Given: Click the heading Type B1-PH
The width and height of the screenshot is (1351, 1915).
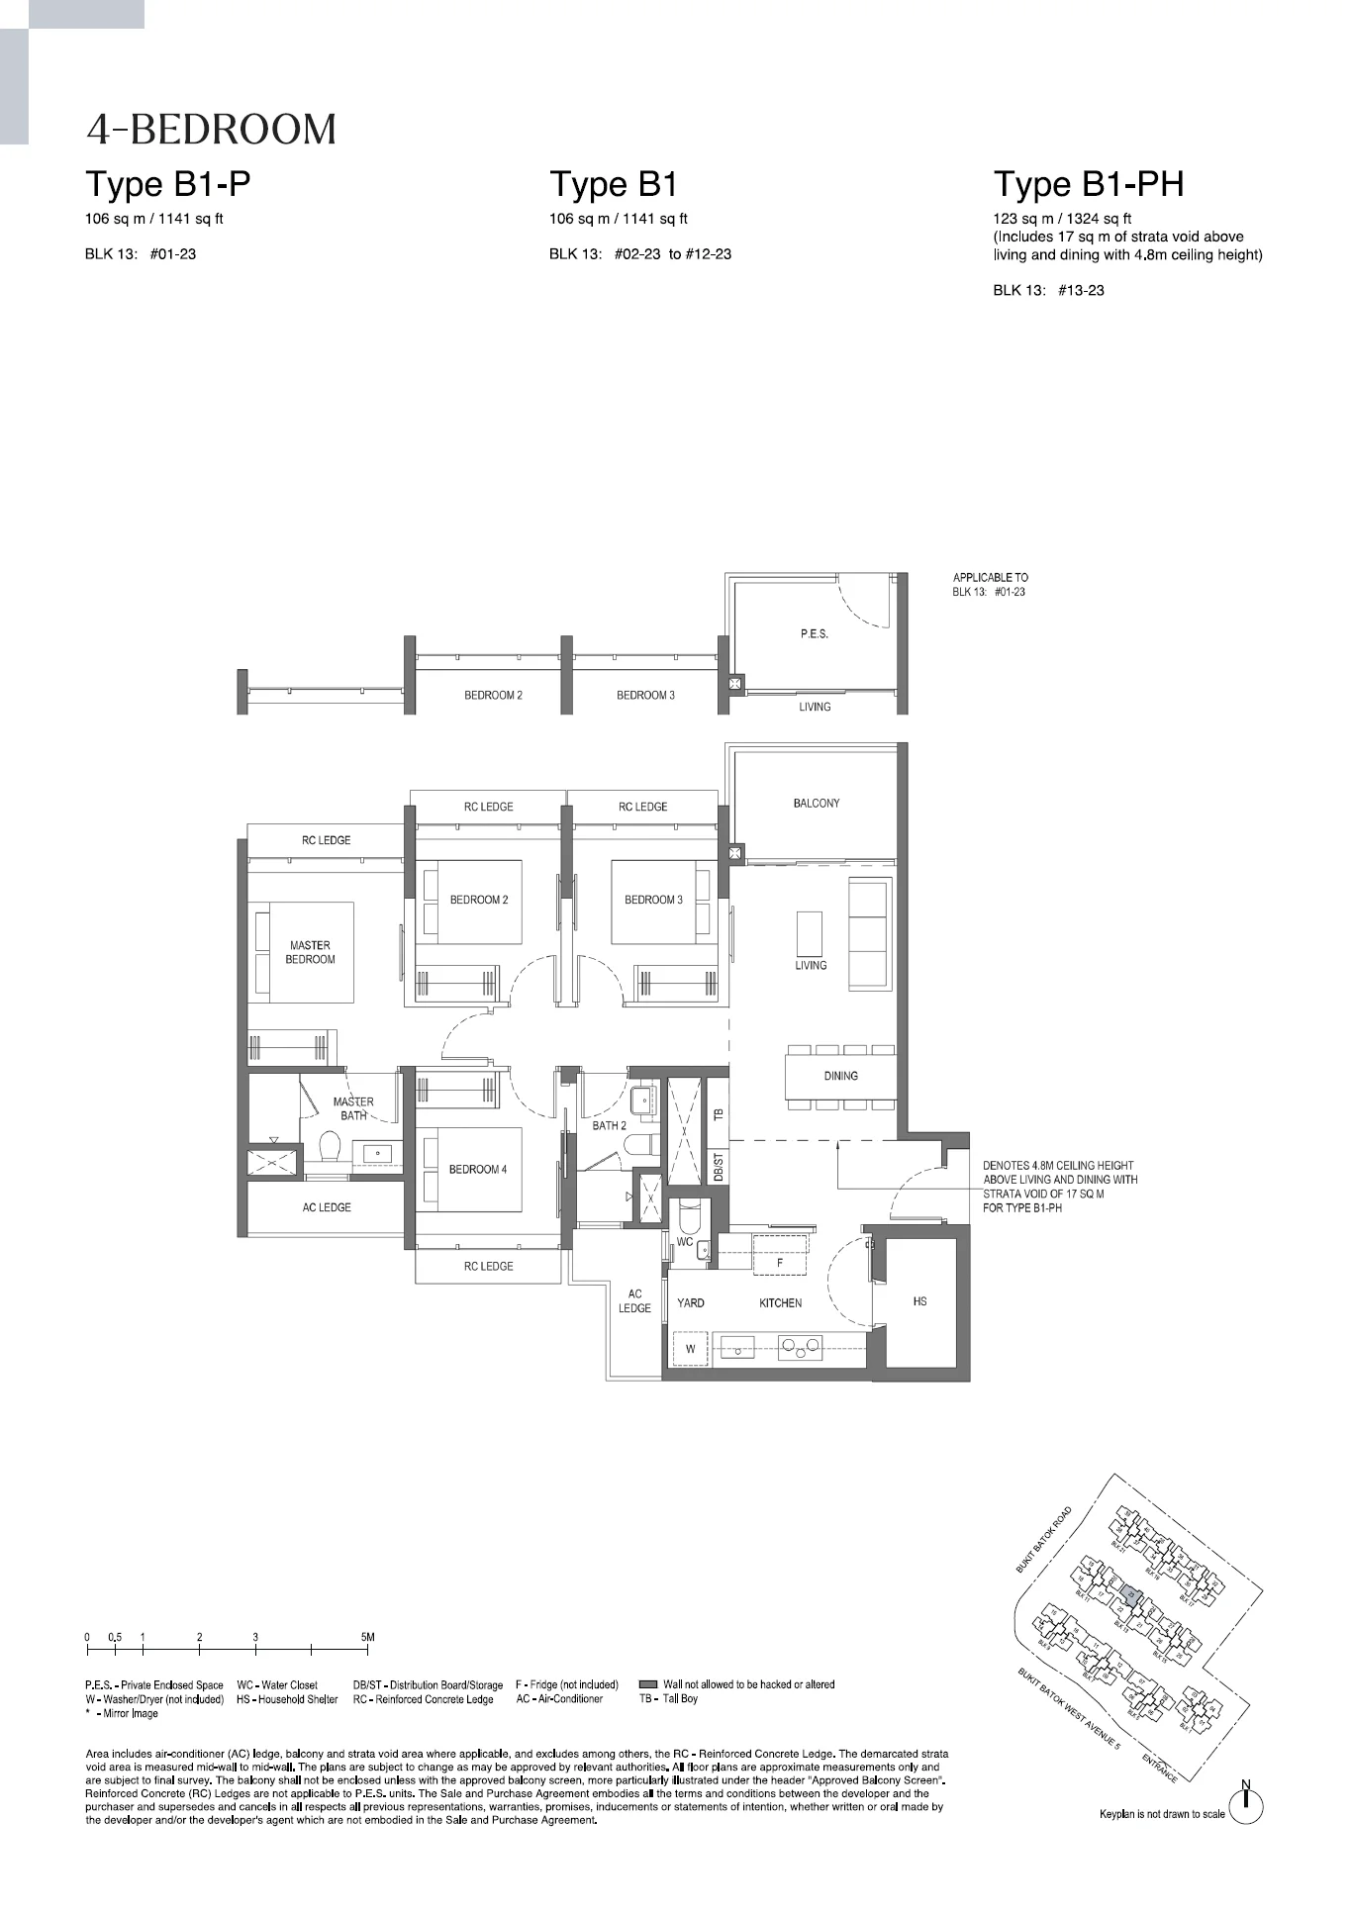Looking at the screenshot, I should [x=1088, y=185].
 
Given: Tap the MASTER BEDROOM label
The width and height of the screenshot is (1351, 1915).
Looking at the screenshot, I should [x=310, y=952].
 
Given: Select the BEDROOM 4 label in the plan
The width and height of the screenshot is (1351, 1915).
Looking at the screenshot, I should [x=477, y=1169].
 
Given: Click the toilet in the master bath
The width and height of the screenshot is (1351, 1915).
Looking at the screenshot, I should [x=330, y=1147].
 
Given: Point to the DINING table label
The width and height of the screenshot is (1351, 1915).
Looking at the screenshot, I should [x=840, y=1076].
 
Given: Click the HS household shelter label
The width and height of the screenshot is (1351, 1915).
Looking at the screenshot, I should [x=919, y=1301].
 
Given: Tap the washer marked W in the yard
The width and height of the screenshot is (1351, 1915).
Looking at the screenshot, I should [x=691, y=1348].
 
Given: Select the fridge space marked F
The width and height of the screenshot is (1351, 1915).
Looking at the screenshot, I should [x=780, y=1263].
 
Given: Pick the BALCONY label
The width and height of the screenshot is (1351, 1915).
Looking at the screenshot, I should [x=816, y=804].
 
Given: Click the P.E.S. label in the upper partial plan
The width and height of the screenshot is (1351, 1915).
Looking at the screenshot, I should [x=814, y=633].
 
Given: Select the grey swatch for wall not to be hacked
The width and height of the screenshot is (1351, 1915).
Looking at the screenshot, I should [x=648, y=1684].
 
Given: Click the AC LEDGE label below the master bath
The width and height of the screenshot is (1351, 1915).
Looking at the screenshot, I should [x=327, y=1207].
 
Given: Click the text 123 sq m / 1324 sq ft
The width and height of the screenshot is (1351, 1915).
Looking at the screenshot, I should [x=1062, y=219].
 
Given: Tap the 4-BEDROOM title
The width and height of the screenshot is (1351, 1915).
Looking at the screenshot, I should [x=211, y=130].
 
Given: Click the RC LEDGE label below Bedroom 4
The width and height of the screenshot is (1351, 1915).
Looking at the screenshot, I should [x=488, y=1266].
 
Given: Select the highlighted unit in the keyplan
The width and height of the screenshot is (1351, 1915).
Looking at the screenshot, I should [x=1134, y=1595].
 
